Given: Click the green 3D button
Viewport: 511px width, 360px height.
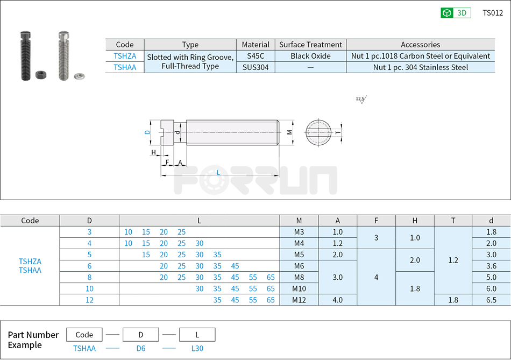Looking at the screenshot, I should pos(456,13).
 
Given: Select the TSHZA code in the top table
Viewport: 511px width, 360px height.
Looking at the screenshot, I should pos(125,56).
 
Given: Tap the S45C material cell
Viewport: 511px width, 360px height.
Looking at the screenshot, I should pos(256,56).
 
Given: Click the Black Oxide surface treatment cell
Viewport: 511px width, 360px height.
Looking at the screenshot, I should pos(310,56).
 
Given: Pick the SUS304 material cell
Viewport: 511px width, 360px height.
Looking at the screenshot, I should pos(256,67).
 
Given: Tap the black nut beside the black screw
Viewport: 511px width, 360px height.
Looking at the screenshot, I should pos(39,74).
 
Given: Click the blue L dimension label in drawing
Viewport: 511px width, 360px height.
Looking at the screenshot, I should pos(218,173).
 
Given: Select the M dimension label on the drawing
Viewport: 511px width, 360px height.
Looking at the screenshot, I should pos(289,132).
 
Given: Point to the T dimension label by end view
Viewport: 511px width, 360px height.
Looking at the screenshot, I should pos(337,132).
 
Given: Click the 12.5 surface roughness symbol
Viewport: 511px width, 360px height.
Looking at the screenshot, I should pos(360,99).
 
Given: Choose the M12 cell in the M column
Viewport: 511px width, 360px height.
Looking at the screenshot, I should pos(299,300).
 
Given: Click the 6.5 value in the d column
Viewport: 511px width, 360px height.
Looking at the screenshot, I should pos(491,300).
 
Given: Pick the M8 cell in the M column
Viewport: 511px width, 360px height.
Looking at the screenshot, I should pos(299,277).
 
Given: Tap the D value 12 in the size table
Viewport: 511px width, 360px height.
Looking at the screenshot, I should pos(89,300).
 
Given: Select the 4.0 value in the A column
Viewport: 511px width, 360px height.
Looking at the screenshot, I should pos(337,300).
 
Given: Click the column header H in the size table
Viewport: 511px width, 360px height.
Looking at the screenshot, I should pos(415,220).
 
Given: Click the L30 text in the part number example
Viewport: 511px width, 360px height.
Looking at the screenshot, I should pos(197,348).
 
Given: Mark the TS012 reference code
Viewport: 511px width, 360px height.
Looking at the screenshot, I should pos(493,13).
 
